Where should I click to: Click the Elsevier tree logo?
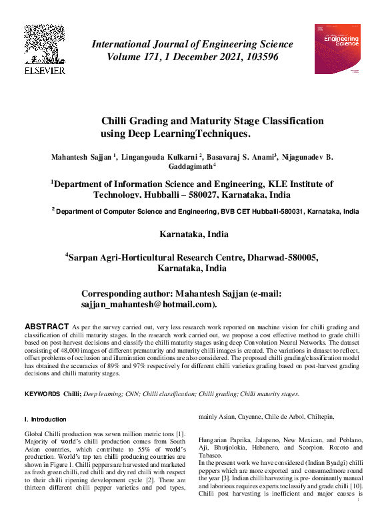(x=45, y=45)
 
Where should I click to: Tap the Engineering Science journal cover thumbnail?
(x=337, y=49)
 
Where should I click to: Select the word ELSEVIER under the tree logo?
(x=45, y=70)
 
